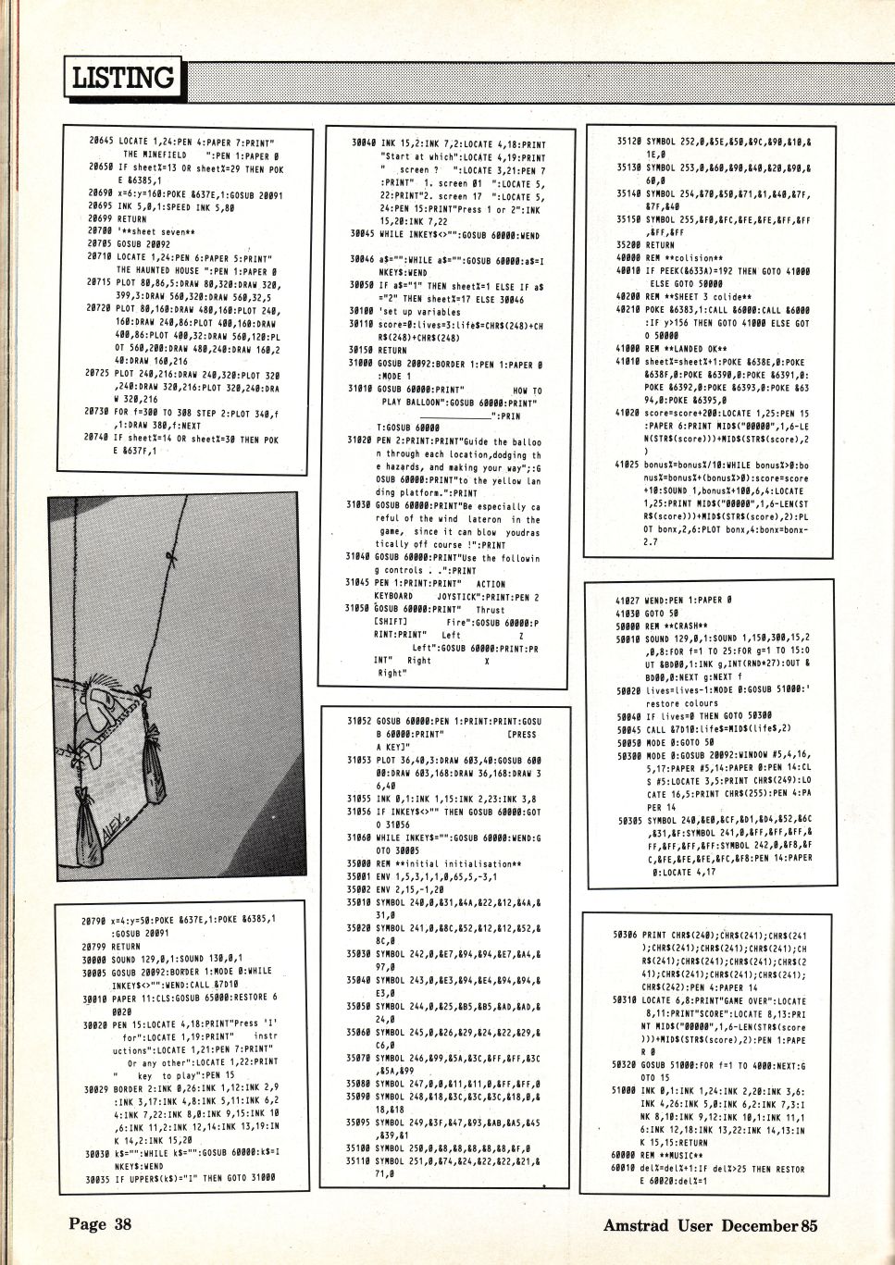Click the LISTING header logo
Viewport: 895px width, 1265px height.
click(x=123, y=78)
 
